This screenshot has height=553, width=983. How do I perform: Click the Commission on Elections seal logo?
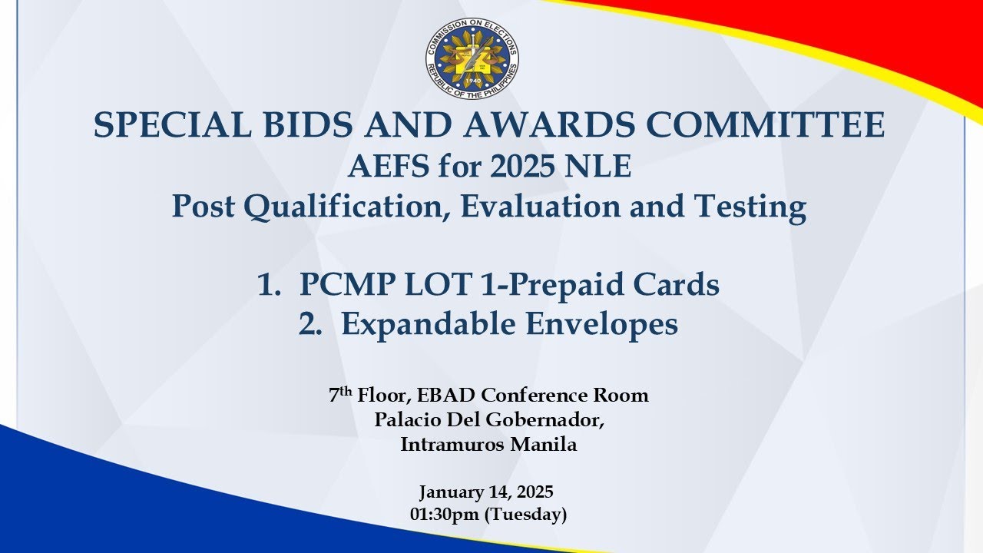click(472, 58)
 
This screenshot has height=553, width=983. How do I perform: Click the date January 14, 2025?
click(487, 492)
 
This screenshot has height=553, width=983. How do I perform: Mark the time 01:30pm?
click(445, 515)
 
